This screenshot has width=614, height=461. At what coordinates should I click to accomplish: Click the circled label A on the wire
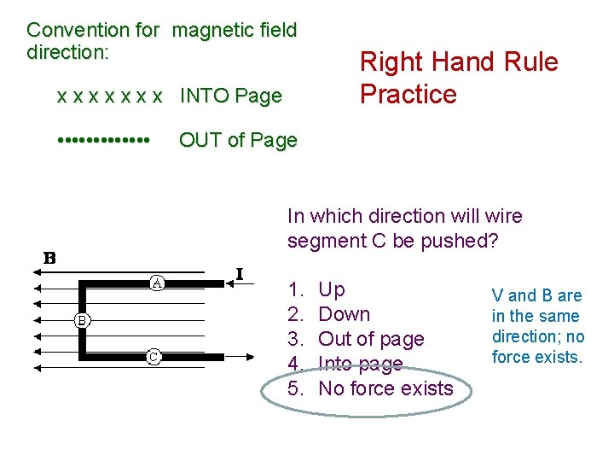click(158, 282)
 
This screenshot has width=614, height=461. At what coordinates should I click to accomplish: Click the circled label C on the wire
click(153, 357)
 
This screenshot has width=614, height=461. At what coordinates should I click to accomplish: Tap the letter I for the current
click(240, 274)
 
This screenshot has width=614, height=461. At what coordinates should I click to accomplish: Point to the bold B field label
click(50, 258)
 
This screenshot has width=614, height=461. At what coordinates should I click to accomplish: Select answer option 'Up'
click(331, 289)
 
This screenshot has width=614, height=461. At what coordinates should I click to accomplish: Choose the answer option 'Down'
click(344, 314)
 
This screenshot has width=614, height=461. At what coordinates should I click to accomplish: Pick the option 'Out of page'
click(370, 339)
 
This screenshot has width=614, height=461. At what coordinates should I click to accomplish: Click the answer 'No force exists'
click(385, 388)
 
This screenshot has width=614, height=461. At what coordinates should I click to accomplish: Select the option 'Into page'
click(359, 364)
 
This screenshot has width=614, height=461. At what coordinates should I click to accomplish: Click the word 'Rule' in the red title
click(529, 62)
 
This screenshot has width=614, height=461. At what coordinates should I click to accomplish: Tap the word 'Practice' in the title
click(408, 94)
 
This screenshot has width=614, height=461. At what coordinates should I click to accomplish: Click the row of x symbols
click(108, 96)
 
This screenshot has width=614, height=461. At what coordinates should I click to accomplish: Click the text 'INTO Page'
click(230, 96)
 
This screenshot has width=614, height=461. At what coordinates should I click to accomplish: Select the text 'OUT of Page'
click(238, 140)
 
